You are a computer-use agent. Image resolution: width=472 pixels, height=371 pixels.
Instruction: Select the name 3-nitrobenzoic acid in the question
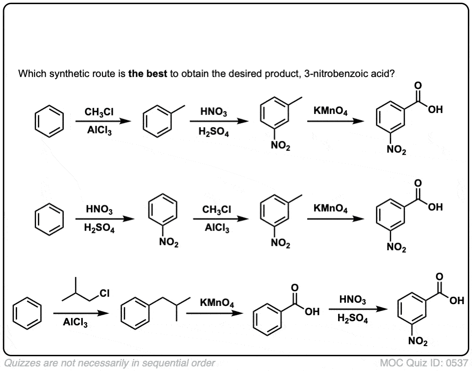point(349,74)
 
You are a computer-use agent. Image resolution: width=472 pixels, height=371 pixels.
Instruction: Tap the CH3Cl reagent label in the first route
point(99,112)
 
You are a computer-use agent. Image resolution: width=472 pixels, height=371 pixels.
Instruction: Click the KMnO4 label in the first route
point(331,112)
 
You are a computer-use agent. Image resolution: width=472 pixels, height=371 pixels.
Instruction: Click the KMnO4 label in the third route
point(217,303)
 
